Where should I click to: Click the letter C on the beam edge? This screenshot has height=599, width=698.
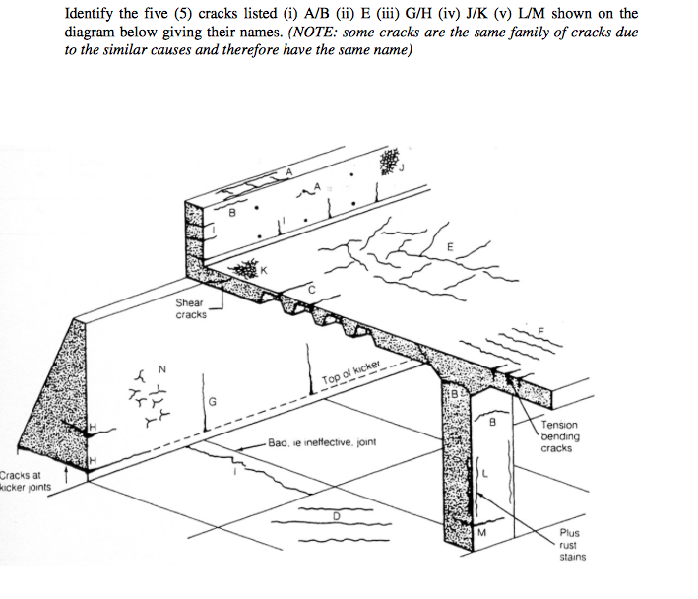[x=312, y=289]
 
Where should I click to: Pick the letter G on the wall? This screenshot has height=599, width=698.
[x=212, y=399]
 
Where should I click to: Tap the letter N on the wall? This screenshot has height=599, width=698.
[x=163, y=368]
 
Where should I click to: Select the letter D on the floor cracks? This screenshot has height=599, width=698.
[x=336, y=514]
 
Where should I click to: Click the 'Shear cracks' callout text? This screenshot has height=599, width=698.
[x=191, y=308]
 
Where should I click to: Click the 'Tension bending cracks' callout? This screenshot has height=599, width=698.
[x=560, y=436]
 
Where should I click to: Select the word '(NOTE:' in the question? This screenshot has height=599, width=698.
[x=314, y=33]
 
